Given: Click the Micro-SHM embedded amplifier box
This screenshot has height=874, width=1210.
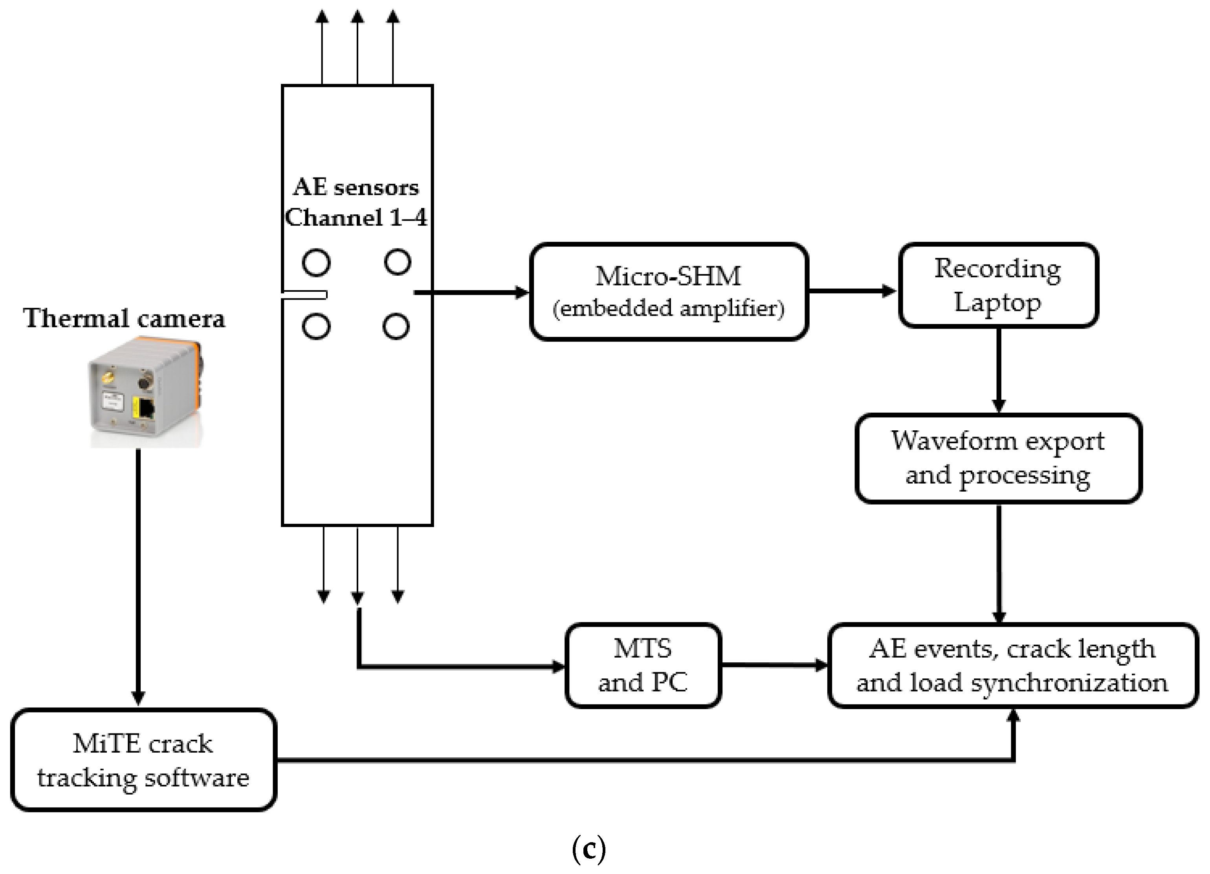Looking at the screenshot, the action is click(x=669, y=292).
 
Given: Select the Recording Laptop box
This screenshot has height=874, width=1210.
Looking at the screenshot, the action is click(x=998, y=285).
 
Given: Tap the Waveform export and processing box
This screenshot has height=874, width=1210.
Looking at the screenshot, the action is click(x=998, y=459).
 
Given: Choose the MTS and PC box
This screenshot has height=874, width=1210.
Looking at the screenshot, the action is click(x=643, y=666).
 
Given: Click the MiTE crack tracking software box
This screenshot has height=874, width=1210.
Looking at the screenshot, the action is click(x=143, y=760).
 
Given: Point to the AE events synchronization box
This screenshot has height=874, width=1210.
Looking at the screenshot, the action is click(x=1013, y=666).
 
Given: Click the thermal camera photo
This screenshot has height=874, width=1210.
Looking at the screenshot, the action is click(x=145, y=392).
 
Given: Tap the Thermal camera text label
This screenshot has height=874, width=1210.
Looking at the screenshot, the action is click(x=124, y=318).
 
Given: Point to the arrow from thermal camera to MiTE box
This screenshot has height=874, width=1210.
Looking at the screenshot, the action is click(x=138, y=577).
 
